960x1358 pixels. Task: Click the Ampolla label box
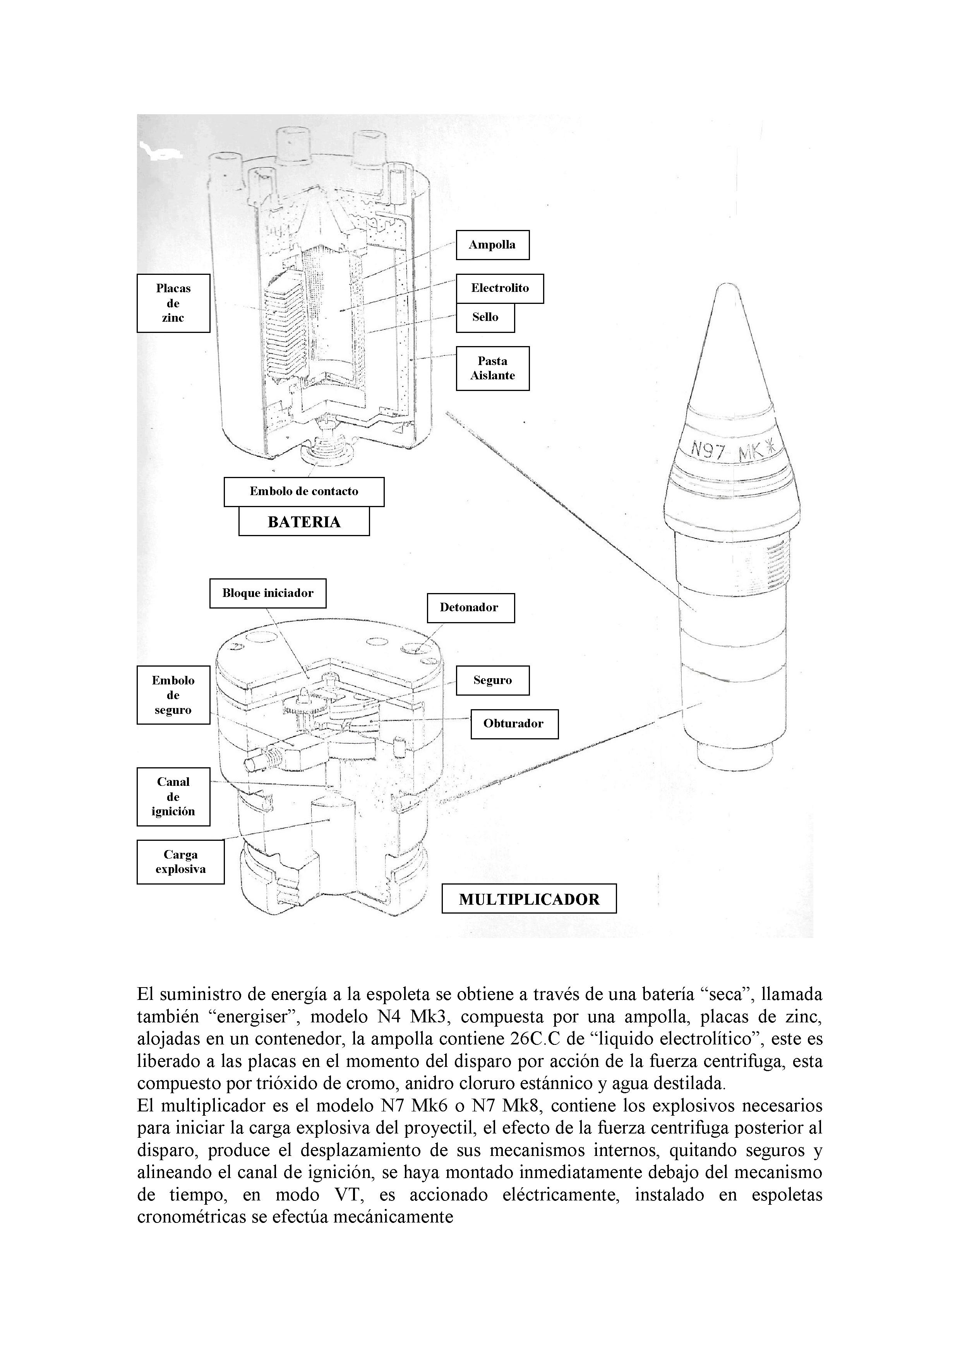[492, 245]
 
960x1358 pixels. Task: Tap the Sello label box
[485, 317]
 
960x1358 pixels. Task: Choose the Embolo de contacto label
[303, 492]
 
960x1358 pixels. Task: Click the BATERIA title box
[304, 522]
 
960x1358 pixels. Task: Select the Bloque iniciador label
[267, 593]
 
